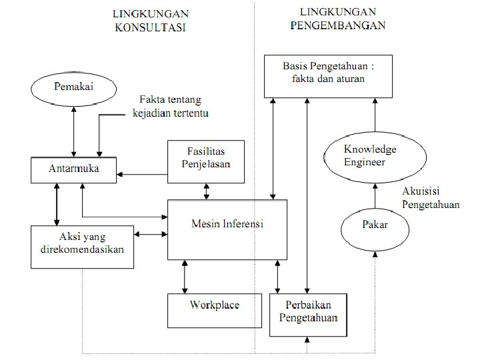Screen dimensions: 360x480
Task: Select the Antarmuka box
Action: [x=73, y=169]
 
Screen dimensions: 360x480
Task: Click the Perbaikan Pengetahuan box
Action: [x=309, y=315]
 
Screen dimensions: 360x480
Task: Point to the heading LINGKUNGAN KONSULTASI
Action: [x=150, y=20]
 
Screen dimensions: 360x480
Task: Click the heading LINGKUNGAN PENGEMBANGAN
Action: [x=339, y=19]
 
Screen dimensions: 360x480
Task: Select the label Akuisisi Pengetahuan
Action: [x=431, y=198]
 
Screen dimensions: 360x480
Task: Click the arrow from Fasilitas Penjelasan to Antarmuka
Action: [x=141, y=175]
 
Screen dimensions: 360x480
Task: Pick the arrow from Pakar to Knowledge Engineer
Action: [x=375, y=197]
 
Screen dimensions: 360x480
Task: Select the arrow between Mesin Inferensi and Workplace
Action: [x=185, y=277]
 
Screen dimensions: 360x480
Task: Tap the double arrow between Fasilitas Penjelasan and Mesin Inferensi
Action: [x=206, y=191]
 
